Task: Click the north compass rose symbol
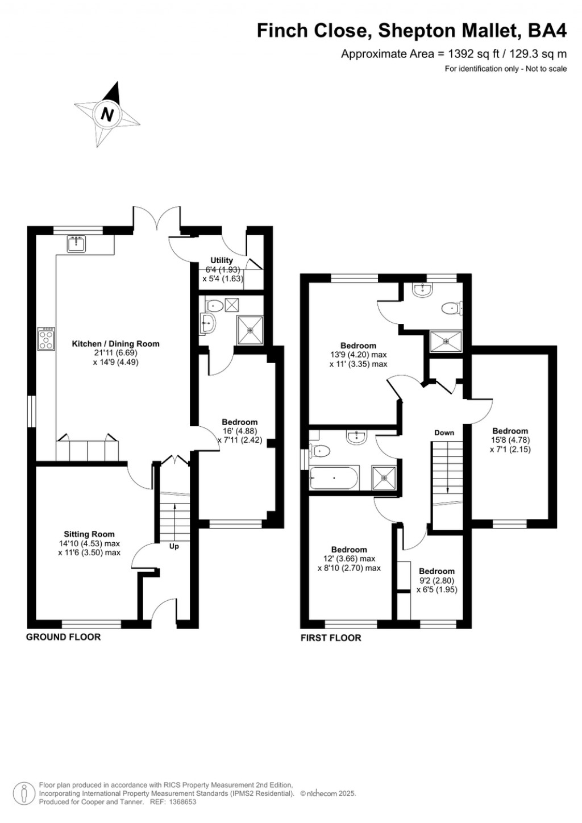tap(107, 115)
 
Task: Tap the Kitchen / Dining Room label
tap(115, 344)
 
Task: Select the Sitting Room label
tap(89, 534)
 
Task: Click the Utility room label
tap(222, 260)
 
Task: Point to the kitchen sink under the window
tap(76, 244)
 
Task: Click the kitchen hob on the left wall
tap(46, 339)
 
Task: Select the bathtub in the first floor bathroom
tap(334, 478)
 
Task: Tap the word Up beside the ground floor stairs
tap(174, 547)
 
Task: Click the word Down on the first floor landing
tap(444, 433)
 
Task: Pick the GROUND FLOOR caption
tap(63, 637)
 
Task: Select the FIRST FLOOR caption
tap(331, 638)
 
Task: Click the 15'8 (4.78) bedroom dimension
tap(510, 440)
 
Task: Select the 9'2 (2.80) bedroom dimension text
tap(436, 580)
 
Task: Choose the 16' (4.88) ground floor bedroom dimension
tap(239, 431)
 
